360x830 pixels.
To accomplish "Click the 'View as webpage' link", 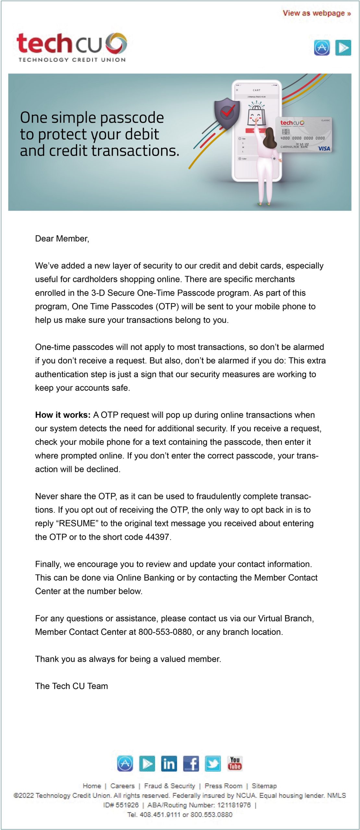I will coord(316,13).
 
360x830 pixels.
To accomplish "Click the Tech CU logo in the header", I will coord(72,47).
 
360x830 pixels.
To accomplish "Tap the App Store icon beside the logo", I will coord(322,48).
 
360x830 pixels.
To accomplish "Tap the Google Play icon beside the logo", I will coord(343,48).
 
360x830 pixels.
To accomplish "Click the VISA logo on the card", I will coord(324,149).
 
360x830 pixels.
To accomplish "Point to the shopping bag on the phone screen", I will coord(256,115).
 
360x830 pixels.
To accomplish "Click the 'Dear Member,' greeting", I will coord(62,239).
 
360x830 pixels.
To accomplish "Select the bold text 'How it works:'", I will coord(63,415).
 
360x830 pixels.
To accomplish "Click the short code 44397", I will coord(157,537).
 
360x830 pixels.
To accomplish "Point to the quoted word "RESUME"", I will coord(77,523).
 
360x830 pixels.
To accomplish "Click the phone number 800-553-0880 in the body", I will coord(165,632).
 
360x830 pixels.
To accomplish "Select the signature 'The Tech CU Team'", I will coord(71,686).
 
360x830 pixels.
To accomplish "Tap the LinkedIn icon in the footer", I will coord(169,764).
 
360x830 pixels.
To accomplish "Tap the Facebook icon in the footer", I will coord(191,764).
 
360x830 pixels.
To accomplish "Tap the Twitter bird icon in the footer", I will coord(213,764).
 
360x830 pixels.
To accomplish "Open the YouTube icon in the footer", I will coord(234,764).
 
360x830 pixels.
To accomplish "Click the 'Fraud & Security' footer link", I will coord(170,786).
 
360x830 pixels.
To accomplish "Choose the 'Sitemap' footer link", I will coord(264,786).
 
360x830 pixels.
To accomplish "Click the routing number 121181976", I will coord(234,805).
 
